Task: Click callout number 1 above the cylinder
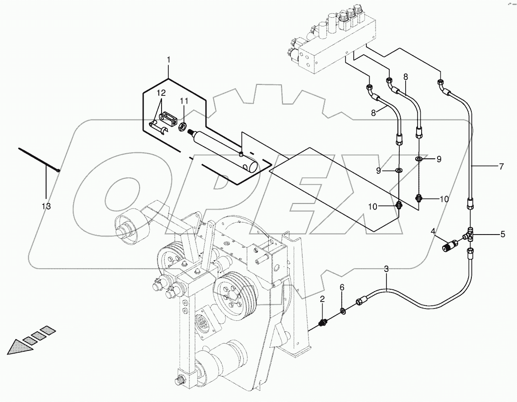click(168, 60)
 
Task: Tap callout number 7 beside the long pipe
click(501, 167)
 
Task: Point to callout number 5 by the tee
click(502, 235)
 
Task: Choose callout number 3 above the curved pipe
click(386, 269)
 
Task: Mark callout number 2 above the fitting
click(322, 299)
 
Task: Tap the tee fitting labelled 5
click(470, 234)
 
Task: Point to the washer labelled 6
click(343, 312)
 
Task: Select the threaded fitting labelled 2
click(324, 323)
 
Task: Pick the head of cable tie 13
click(58, 171)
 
